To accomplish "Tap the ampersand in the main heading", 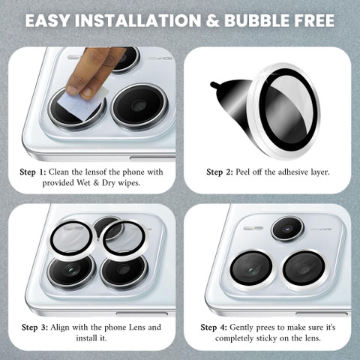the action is click(212, 21).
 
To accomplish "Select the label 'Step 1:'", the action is click(33, 172).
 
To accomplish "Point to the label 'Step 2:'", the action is click(220, 172).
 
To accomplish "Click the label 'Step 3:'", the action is click(34, 328).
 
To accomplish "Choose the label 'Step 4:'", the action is click(214, 328).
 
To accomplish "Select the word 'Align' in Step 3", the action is click(60, 328).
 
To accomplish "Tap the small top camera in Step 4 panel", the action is click(287, 229).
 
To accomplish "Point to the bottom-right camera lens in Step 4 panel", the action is click(304, 270).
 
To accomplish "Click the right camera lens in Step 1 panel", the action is click(139, 106).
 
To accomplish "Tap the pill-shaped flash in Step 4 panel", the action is click(253, 228).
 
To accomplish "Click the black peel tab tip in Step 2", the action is click(213, 85).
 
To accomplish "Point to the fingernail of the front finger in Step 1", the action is click(73, 90).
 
